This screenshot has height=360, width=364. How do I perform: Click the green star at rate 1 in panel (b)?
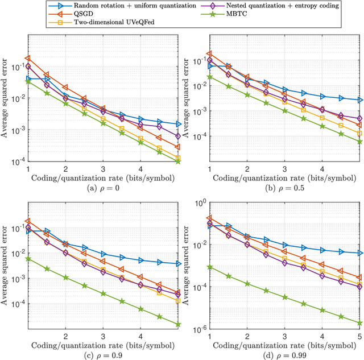(x=210, y=77)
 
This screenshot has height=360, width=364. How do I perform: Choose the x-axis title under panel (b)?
(x=285, y=178)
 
